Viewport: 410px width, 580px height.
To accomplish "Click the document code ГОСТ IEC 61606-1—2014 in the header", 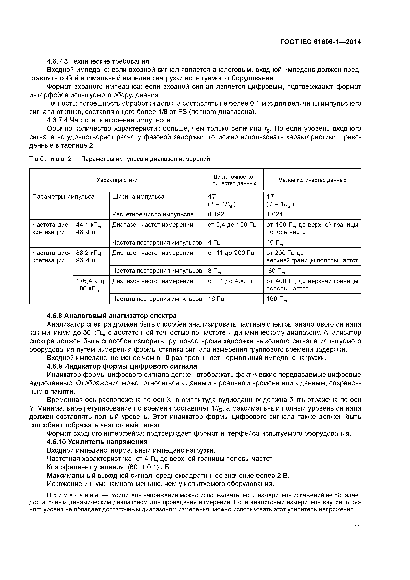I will tap(321, 42).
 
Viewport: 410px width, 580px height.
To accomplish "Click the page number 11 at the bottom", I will tap(357, 527).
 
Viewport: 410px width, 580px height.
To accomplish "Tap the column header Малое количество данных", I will tap(312, 180).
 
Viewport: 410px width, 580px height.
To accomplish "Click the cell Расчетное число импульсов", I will tap(153, 214).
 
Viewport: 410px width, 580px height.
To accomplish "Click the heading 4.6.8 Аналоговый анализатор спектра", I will tap(112, 316).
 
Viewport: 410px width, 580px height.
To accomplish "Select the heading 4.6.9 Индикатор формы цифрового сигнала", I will tap(122, 366).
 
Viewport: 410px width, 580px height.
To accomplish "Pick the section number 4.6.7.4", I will tap(57, 120).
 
